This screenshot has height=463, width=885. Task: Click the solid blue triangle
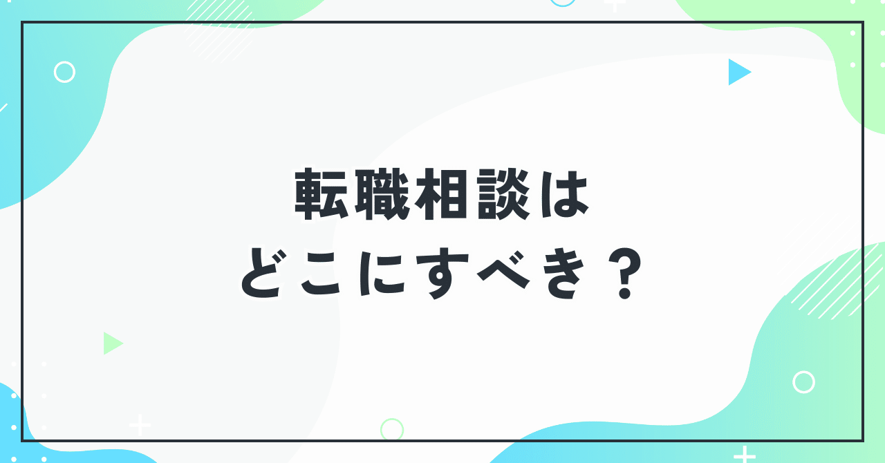[738, 72]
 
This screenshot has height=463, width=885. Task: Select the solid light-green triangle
[111, 343]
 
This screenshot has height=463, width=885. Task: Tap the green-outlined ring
[392, 429]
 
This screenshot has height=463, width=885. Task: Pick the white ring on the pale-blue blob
[64, 72]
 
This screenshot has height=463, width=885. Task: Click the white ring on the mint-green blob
[803, 382]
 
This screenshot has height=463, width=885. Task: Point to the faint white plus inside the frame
[140, 425]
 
